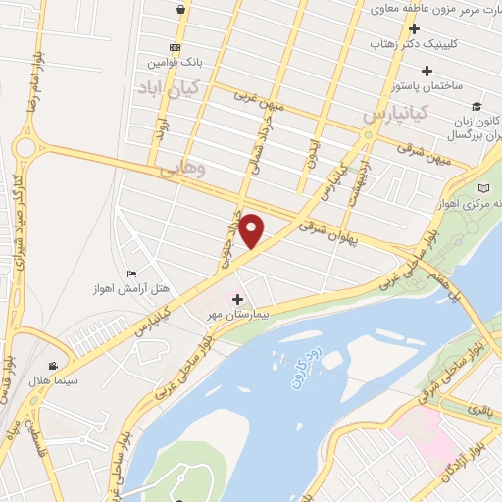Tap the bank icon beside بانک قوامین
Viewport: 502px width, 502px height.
click(x=175, y=47)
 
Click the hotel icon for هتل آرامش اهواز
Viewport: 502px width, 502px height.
click(x=132, y=273)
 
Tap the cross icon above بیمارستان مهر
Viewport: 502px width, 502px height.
click(x=238, y=297)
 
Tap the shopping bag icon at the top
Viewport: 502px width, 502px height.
click(x=181, y=9)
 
